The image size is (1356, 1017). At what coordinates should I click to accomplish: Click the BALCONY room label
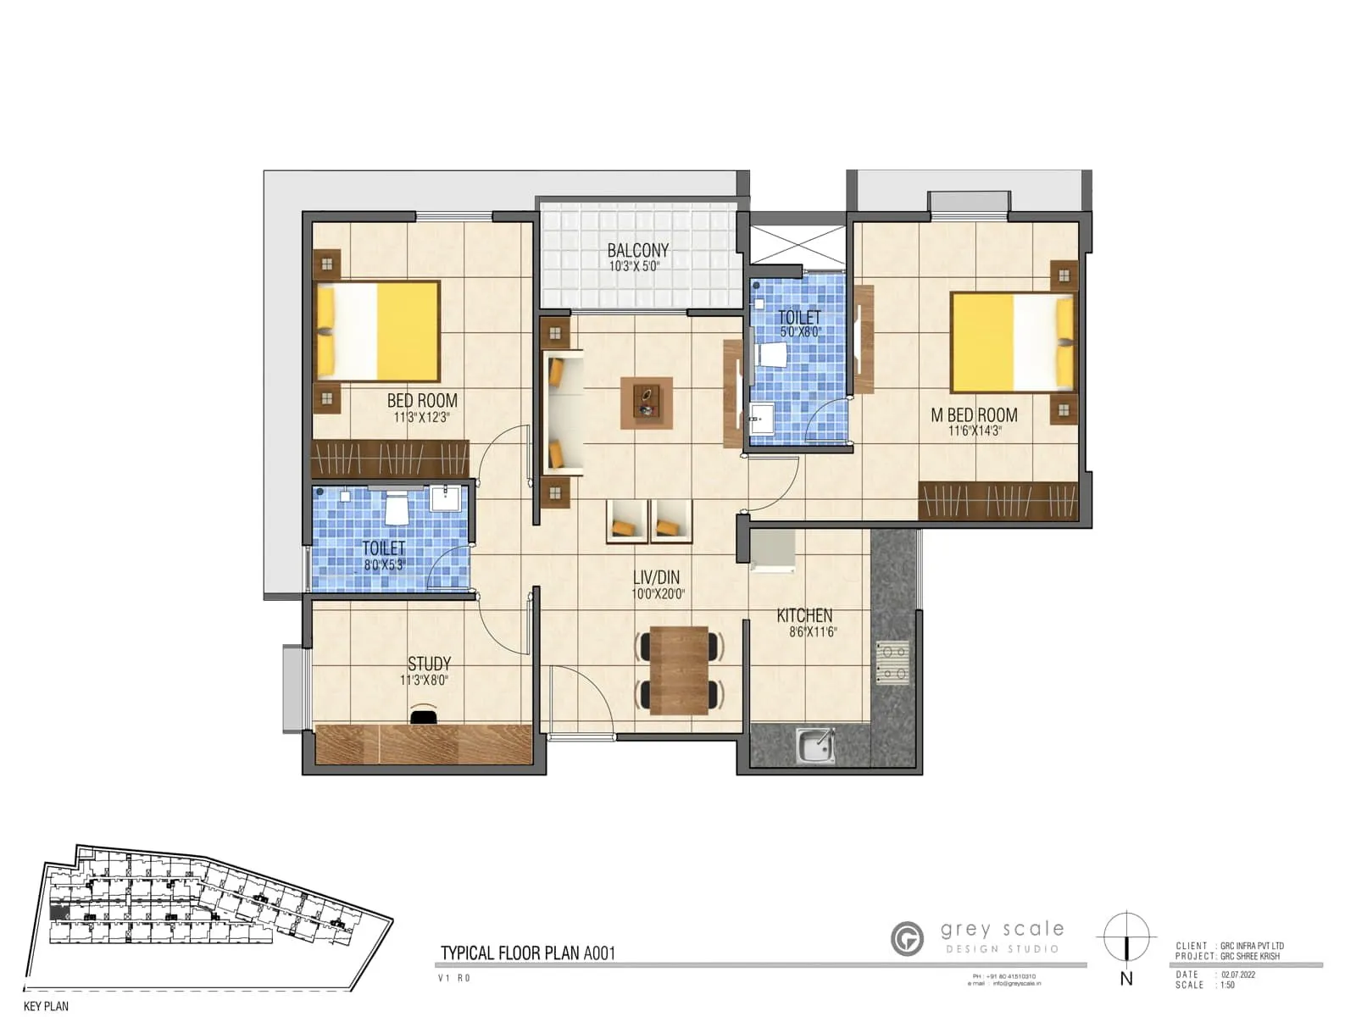point(637,250)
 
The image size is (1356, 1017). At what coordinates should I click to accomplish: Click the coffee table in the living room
point(647,403)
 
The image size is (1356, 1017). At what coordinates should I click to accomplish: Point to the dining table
point(679,670)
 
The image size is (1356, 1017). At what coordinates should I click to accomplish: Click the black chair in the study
point(424,717)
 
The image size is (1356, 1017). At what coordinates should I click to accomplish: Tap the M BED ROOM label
point(974,415)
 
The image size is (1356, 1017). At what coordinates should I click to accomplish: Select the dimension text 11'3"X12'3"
point(421,418)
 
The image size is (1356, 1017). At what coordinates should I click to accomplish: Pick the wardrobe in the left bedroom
point(389,458)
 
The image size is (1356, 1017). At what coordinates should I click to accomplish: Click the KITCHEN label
point(804,616)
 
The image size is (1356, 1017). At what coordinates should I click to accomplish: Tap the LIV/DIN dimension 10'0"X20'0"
point(658,594)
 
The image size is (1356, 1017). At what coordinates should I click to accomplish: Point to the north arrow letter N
point(1126,979)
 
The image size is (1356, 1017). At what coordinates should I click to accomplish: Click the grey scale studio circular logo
point(907,939)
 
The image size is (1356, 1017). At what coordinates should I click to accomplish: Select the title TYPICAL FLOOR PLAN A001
point(527,953)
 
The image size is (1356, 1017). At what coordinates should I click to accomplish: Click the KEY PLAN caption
point(46,1006)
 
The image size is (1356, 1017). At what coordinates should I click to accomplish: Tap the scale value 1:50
point(1227,985)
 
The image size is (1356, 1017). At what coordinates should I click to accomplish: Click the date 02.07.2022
point(1238,975)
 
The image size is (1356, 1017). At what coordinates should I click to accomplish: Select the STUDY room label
point(429,664)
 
